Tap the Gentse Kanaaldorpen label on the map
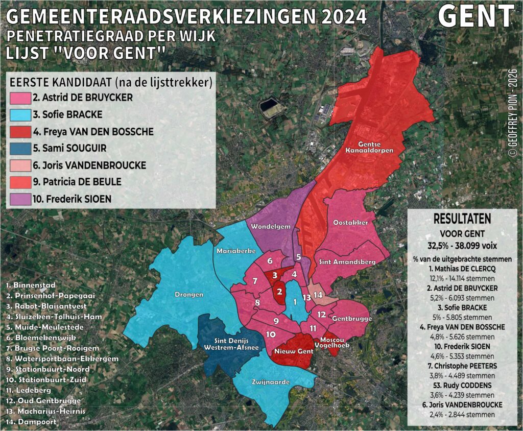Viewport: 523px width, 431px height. click(365, 147)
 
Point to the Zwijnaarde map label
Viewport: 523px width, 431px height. click(271, 381)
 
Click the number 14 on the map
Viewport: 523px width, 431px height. click(318, 295)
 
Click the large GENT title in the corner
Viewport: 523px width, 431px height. click(476, 16)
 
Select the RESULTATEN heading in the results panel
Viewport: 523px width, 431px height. click(462, 219)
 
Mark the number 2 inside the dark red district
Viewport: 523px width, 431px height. click(279, 292)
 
